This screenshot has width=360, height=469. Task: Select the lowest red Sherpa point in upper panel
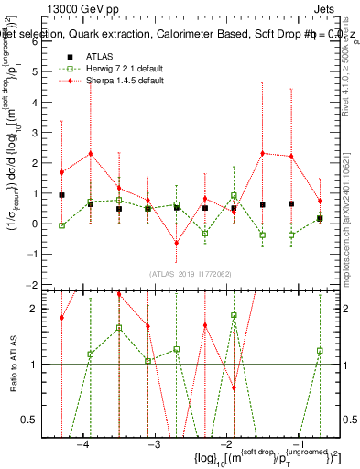pyautogui.click(x=177, y=243)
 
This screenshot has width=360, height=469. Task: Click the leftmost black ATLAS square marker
pyautogui.click(x=61, y=195)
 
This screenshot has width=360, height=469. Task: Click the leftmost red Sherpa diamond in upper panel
pyautogui.click(x=61, y=172)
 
